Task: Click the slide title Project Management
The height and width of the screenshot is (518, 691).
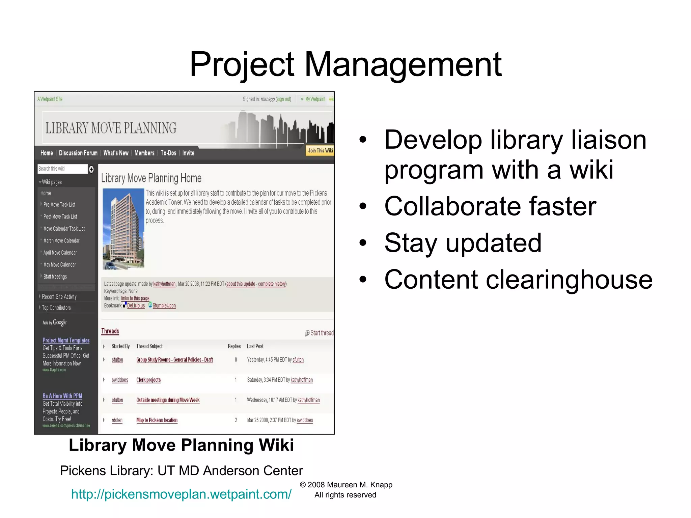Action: (x=345, y=64)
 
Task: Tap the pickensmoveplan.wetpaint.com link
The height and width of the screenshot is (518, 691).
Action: (x=181, y=494)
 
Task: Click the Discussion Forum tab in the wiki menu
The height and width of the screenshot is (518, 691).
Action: (x=78, y=153)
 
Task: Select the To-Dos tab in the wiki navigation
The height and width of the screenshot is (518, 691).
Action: (x=168, y=153)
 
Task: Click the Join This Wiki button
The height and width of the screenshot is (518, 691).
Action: (x=320, y=150)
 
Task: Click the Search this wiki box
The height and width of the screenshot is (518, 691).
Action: (x=62, y=169)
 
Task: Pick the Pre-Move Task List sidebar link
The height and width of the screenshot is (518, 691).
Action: (x=59, y=205)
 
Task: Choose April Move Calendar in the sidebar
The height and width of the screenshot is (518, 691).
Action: (x=60, y=253)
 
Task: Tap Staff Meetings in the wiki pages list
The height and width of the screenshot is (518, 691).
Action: (x=55, y=277)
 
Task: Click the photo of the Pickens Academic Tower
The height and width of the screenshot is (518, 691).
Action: (x=123, y=229)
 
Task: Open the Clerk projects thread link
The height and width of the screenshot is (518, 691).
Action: (x=148, y=380)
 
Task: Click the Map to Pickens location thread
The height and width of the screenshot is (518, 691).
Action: (x=157, y=420)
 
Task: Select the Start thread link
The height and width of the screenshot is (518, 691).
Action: (x=321, y=333)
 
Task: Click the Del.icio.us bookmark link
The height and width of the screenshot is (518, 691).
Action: (x=136, y=306)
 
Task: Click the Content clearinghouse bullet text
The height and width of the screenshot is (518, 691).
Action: (x=518, y=280)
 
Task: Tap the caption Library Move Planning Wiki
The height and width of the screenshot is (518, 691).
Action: (x=181, y=445)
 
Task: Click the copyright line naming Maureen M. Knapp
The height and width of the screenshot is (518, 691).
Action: (x=346, y=485)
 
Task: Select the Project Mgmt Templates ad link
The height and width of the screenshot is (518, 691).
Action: (x=66, y=340)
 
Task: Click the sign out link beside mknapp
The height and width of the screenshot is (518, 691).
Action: (x=283, y=99)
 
